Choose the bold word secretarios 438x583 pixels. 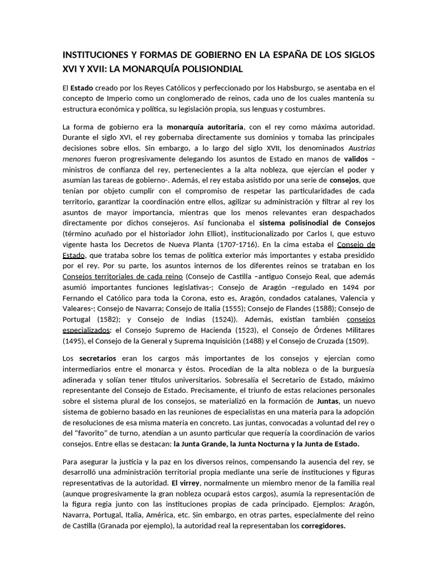point(98,359)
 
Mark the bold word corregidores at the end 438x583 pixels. point(323,526)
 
